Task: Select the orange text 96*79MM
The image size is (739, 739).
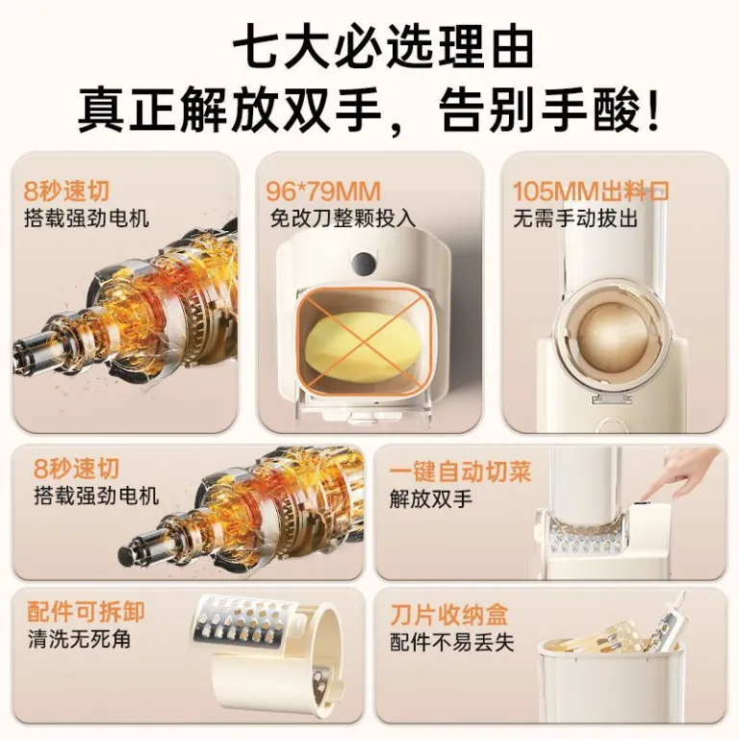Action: coord(323,191)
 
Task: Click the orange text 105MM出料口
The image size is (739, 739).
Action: coord(591,191)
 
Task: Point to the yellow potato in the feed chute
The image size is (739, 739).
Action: coord(359,347)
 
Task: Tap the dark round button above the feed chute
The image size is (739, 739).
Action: coord(364,264)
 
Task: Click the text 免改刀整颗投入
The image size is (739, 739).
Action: coord(343,218)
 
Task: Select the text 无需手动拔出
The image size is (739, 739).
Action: coord(575,218)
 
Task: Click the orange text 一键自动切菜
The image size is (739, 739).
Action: coord(460,471)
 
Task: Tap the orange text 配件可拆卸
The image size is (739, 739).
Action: coord(86,612)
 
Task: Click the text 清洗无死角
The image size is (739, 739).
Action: coord(79,640)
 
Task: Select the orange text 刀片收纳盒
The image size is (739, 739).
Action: coord(448,614)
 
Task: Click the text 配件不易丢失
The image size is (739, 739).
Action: coord(451,643)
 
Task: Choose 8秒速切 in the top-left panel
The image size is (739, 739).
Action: coord(66,191)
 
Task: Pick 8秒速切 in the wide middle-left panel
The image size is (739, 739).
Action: coord(76,469)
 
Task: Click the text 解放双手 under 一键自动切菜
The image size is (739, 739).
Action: coord(430,499)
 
